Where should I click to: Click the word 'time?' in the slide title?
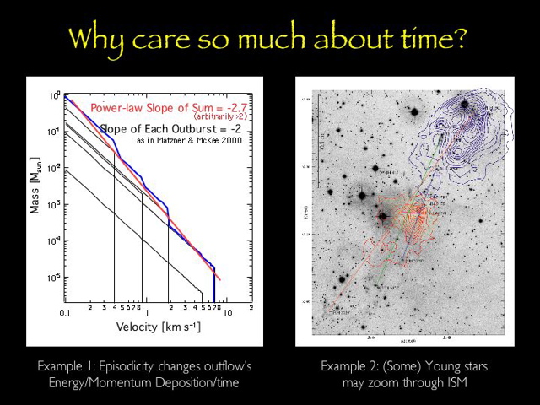pos(422,39)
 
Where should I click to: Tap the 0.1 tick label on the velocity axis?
pos(66,312)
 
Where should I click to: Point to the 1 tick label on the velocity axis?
pos(146,312)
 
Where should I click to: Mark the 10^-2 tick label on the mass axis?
pos(53,169)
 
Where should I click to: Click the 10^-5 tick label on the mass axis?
pos(53,277)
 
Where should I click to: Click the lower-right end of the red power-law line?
pos(220,278)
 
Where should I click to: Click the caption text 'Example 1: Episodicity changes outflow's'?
pos(144,367)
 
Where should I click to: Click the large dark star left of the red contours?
pos(382,216)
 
